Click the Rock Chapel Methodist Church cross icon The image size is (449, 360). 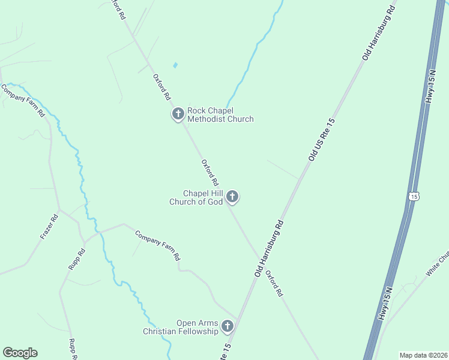(178, 113)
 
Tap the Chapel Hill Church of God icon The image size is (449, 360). (232, 196)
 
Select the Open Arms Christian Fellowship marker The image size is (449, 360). (228, 326)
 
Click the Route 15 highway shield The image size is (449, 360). (413, 196)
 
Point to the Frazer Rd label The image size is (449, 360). (49, 227)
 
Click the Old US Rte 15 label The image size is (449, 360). (321, 139)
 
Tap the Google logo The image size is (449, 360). (20, 353)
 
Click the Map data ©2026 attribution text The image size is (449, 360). (423, 355)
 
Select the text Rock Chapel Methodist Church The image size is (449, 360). (220, 115)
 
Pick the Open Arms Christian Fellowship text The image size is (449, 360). (180, 327)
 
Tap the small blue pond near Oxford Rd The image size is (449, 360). (175, 65)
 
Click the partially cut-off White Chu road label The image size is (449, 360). (437, 265)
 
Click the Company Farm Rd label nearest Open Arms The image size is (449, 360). (157, 245)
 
